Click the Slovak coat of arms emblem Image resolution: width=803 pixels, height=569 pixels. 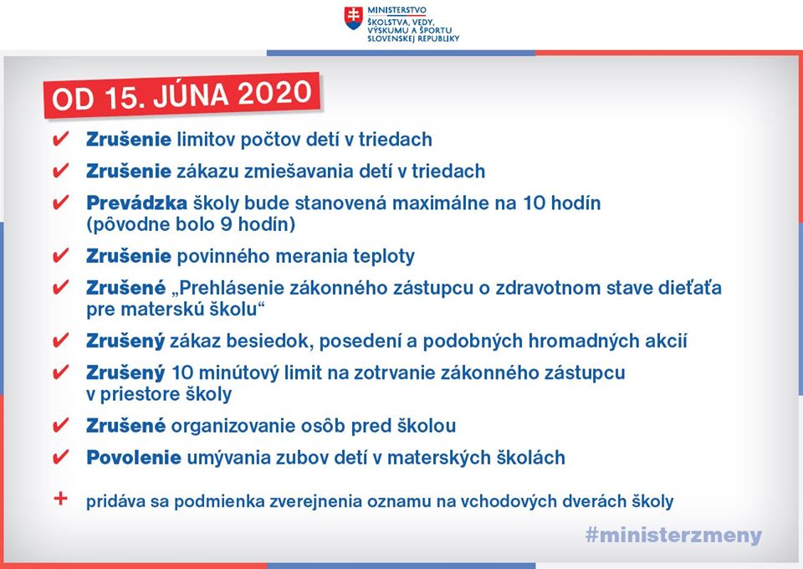click(353, 18)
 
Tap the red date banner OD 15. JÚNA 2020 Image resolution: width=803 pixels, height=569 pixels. click(182, 95)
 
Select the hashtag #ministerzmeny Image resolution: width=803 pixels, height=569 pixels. click(673, 536)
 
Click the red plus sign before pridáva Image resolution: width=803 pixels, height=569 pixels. click(60, 499)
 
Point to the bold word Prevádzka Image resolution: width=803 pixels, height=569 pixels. click(136, 203)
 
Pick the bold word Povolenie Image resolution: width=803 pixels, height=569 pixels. click(134, 458)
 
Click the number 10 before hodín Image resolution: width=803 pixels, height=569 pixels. click(534, 203)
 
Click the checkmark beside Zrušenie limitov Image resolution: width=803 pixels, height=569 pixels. click(61, 139)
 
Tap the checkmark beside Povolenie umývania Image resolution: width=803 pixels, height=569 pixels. click(61, 457)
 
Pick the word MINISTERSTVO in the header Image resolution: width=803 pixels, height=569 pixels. click(396, 10)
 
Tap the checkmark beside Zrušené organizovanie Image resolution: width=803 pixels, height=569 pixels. click(61, 425)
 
